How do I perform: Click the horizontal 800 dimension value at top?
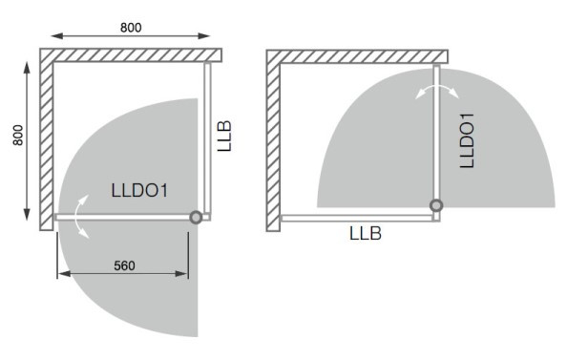[131, 28]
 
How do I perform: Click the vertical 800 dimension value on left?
[18, 136]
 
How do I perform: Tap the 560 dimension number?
[124, 265]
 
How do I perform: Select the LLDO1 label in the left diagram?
[139, 191]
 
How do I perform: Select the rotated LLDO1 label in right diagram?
[467, 140]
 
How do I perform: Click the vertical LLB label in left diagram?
[224, 136]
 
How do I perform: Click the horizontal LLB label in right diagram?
[366, 233]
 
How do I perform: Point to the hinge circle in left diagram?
[196, 218]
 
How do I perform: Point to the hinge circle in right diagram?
[436, 205]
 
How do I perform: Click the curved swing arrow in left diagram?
[75, 217]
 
